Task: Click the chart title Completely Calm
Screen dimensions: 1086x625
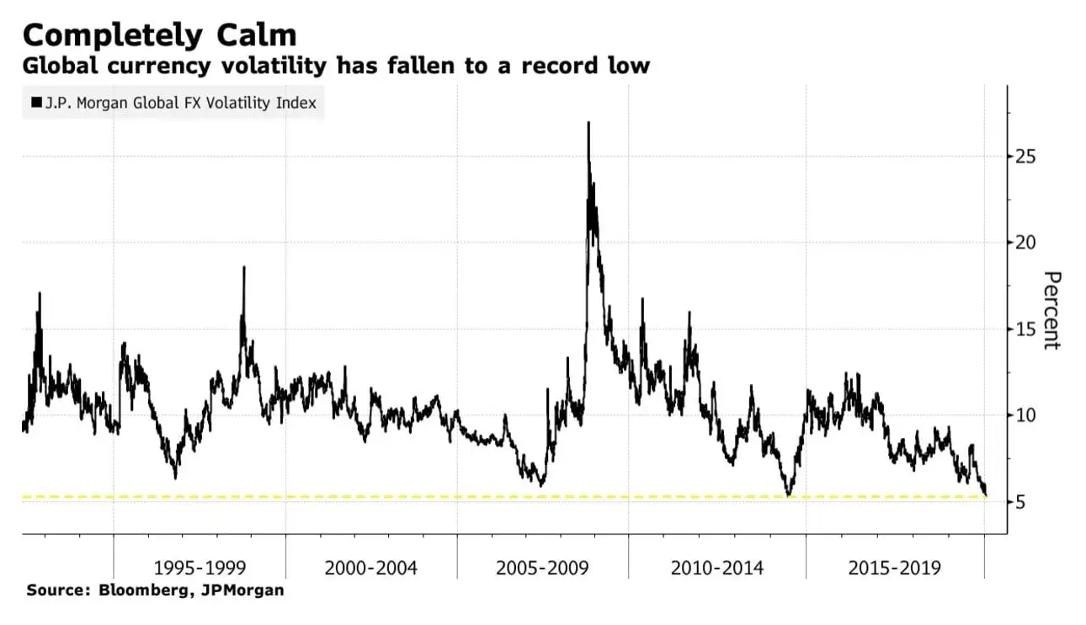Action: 160,35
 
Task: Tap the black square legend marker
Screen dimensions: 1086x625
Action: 36,104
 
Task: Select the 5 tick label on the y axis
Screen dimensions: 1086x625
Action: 1019,502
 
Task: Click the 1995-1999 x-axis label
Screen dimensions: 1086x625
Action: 200,568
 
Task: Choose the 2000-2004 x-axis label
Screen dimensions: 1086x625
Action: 371,568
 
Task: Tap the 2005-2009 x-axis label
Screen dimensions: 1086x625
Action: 543,568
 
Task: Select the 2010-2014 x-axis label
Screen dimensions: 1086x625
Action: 717,568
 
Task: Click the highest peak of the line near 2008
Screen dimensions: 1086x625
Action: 588,123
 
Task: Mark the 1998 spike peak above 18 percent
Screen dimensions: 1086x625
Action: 244,268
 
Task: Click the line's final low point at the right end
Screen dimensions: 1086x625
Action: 986,494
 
